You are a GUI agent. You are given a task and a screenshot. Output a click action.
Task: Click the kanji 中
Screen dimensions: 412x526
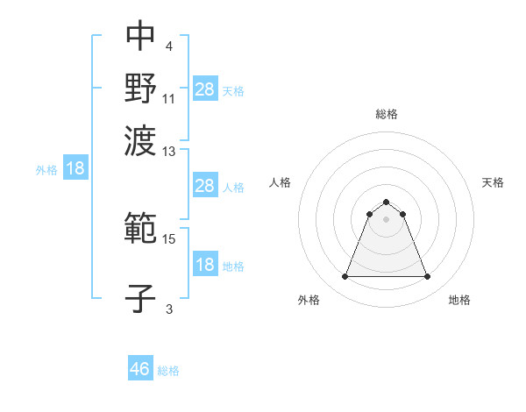pyautogui.click(x=140, y=36)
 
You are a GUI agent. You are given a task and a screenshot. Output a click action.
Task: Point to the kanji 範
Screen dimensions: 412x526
pyautogui.click(x=140, y=230)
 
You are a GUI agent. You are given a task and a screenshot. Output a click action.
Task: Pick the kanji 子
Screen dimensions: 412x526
pyautogui.click(x=140, y=297)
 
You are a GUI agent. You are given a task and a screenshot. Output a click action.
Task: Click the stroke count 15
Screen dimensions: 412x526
pyautogui.click(x=170, y=238)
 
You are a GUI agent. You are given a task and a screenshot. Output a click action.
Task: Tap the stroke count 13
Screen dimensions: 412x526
pyautogui.click(x=170, y=153)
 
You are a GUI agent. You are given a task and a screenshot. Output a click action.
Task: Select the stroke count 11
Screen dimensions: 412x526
pyautogui.click(x=170, y=97)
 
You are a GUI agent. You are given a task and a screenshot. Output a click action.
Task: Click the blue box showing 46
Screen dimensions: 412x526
pyautogui.click(x=140, y=369)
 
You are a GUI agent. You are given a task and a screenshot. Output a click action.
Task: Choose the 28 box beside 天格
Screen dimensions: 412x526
pyautogui.click(x=205, y=89)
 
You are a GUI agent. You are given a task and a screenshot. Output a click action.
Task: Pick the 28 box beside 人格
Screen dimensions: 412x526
pyautogui.click(x=205, y=186)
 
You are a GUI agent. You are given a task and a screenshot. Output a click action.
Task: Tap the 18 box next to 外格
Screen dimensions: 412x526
pyautogui.click(x=75, y=169)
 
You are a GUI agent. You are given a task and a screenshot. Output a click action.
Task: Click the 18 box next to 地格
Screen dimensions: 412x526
pyautogui.click(x=205, y=266)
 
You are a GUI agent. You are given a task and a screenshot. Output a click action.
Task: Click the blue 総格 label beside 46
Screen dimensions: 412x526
pyautogui.click(x=168, y=371)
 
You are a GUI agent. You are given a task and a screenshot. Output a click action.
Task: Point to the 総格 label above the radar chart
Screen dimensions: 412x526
pyautogui.click(x=386, y=114)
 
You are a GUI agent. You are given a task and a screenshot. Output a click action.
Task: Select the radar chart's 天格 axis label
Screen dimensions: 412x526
pyautogui.click(x=493, y=182)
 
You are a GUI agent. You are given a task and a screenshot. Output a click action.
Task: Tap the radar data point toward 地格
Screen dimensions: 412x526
pyautogui.click(x=428, y=277)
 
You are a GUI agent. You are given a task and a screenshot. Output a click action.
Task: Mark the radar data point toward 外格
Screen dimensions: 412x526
pyautogui.click(x=345, y=277)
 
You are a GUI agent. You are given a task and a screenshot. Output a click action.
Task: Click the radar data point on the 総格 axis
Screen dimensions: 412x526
pyautogui.click(x=386, y=202)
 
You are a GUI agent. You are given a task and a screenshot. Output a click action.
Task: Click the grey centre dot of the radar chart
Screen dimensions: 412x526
pyautogui.click(x=386, y=219)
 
